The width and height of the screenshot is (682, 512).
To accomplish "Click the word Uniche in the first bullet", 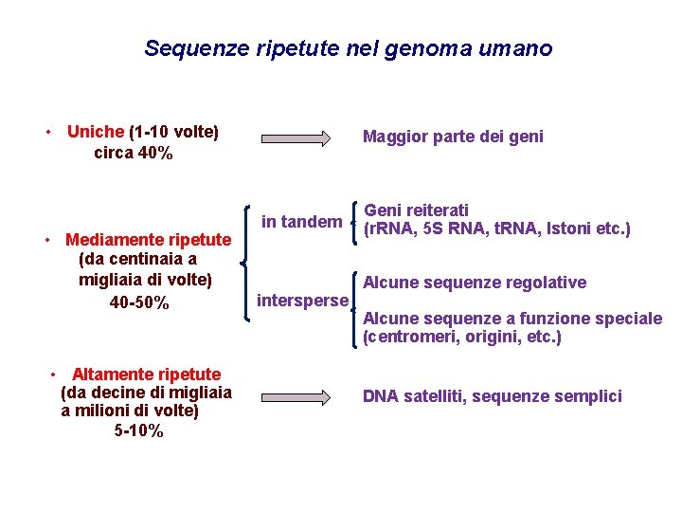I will pos(96,132).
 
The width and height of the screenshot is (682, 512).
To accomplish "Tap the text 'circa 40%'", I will pos(134,153).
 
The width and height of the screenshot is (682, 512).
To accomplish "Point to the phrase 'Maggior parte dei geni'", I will pos(453,137).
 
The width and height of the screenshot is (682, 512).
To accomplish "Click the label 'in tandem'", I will pos(301,222).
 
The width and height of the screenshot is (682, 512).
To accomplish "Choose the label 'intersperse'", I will pos(303,302).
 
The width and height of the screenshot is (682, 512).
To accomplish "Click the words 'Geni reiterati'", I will pos(416,210).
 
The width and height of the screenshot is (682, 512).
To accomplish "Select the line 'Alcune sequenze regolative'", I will pos(475,283).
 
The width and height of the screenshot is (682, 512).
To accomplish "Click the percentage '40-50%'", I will pos(139,302).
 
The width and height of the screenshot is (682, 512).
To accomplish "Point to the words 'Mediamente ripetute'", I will pos(148,240).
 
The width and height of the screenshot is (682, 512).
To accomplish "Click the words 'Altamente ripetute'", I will pos(146,375).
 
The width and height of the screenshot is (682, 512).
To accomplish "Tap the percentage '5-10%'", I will pos(138,431).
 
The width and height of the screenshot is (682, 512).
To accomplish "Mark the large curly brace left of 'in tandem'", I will pos(248,263).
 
